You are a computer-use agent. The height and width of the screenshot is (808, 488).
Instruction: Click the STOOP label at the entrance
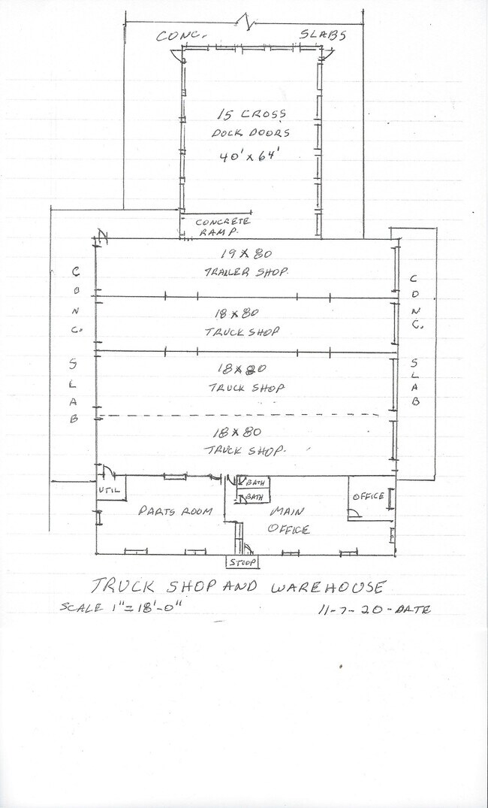coord(242,562)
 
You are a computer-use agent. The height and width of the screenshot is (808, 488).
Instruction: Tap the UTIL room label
coord(109,491)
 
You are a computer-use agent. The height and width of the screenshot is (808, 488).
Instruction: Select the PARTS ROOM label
coord(175,510)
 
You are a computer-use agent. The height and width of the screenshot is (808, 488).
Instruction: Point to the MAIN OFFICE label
coord(288,520)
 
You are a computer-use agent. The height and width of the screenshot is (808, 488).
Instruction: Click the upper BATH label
coord(255,483)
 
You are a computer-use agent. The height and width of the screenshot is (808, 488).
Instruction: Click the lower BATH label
coord(255,498)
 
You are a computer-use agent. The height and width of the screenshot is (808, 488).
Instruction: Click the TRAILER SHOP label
coord(246,272)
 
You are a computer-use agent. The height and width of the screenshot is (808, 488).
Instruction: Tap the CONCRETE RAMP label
coord(222,227)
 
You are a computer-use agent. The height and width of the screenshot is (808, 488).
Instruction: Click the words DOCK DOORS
coord(251,132)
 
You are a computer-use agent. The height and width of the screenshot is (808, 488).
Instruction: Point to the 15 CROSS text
coord(251,114)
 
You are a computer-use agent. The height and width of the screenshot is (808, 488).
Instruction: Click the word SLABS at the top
coord(323,35)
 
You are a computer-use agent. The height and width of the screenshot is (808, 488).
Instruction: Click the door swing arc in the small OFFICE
coord(355,512)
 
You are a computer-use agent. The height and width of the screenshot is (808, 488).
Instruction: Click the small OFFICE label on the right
coord(368,496)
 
